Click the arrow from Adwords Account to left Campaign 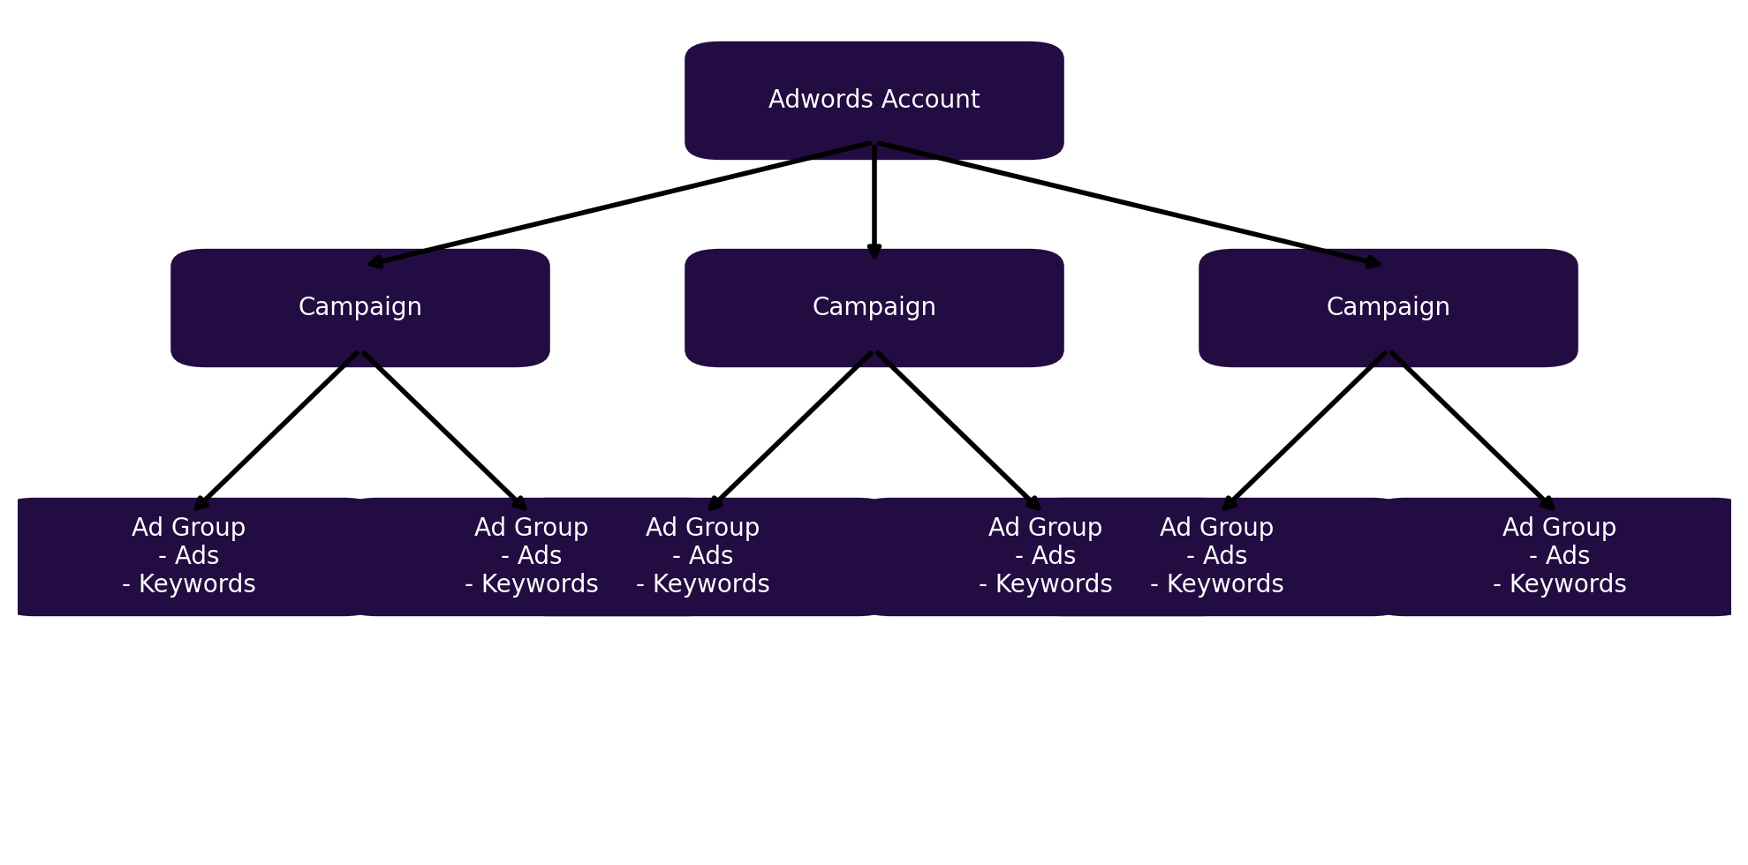tap(618, 204)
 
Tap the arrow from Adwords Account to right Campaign tap(1131, 204)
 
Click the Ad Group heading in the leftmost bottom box tap(188, 528)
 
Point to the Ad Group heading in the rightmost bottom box tap(1559, 528)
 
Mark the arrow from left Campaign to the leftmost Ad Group tap(276, 431)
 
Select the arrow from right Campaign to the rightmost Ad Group tap(1472, 431)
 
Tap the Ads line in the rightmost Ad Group tap(1559, 556)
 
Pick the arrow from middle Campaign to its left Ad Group tap(790, 431)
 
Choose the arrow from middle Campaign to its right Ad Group tap(958, 431)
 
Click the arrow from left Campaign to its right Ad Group tap(444, 431)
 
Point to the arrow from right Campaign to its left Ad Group tap(1304, 431)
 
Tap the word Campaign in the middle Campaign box tap(874, 307)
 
